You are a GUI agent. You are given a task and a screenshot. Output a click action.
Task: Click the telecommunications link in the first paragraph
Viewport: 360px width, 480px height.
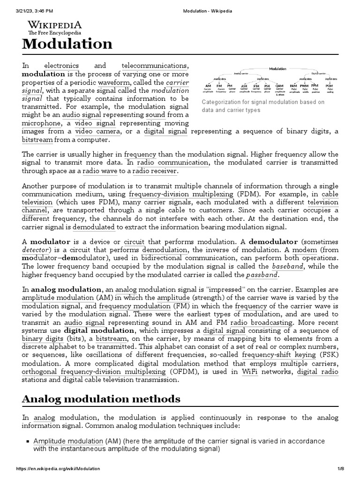coord(155,65)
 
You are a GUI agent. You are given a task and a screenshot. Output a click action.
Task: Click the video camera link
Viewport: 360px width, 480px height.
coord(98,132)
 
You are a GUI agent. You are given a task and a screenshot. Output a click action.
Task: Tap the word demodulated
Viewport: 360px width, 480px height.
coord(94,227)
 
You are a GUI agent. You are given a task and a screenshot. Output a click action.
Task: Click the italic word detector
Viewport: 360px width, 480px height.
coord(35,250)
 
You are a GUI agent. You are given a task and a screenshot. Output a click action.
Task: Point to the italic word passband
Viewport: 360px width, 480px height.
coord(262,275)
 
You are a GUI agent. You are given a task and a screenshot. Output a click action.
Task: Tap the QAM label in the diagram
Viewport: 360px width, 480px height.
coord(279,86)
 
